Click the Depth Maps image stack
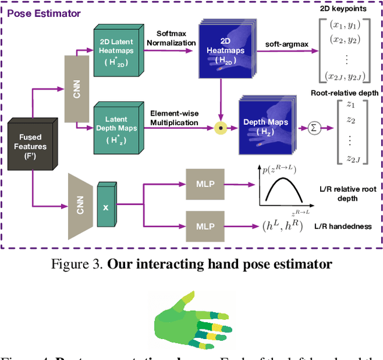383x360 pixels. [264, 124]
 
